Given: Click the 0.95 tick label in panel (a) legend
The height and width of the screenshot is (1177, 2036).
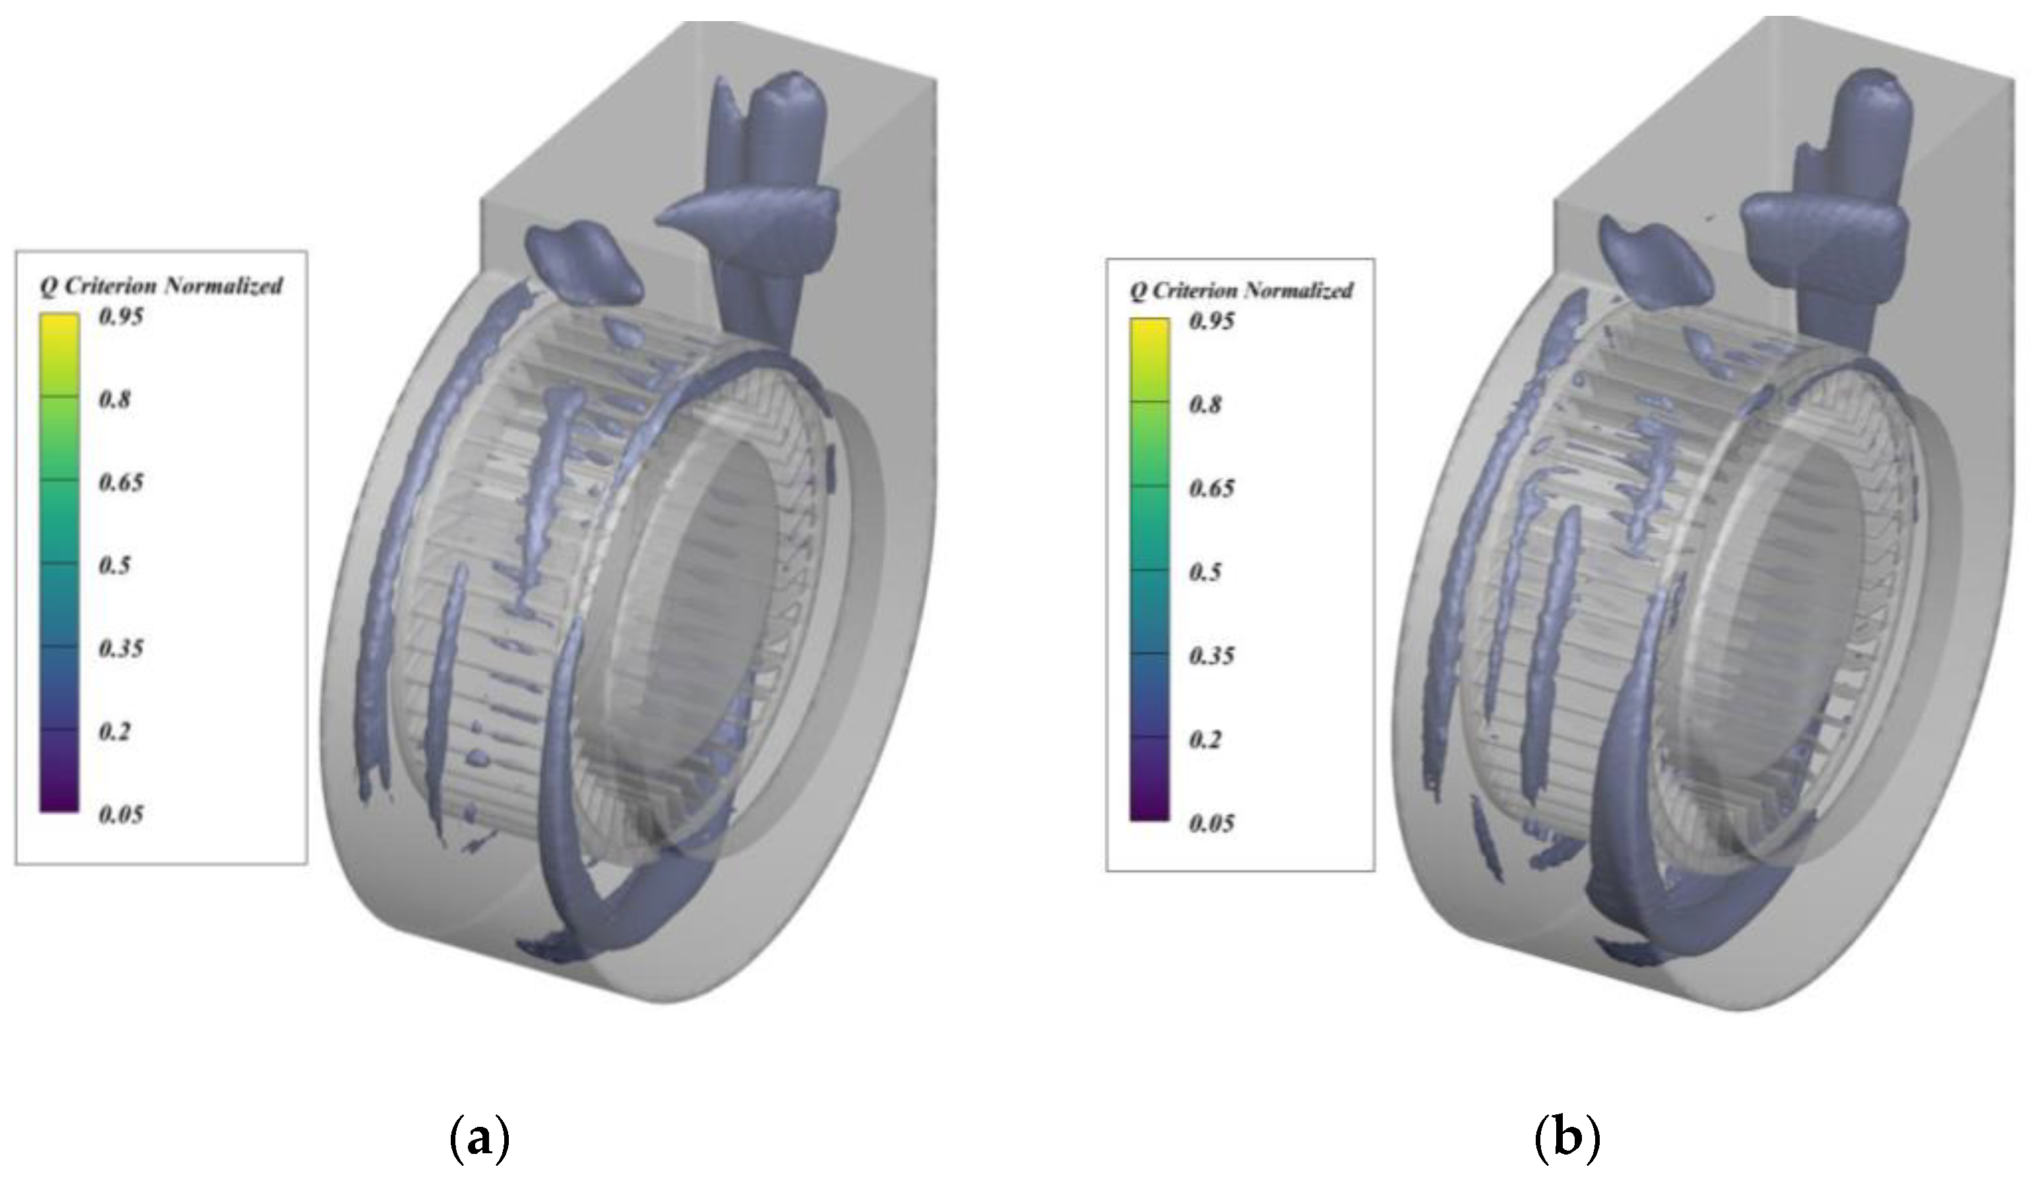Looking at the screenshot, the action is coord(120,316).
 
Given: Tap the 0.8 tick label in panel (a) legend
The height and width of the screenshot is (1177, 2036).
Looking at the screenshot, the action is coord(114,399).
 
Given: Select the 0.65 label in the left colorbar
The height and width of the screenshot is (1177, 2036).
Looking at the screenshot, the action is coord(120,482).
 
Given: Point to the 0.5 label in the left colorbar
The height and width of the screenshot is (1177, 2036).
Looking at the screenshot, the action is coord(114,565).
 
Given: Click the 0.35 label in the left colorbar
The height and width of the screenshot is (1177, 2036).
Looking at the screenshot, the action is coord(120,649).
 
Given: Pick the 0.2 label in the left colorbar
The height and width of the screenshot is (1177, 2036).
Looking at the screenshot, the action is coord(114,732).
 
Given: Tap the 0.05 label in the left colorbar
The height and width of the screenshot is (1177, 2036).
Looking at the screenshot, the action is coord(120,814).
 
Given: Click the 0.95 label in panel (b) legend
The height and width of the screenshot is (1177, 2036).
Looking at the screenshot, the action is coord(1211,321).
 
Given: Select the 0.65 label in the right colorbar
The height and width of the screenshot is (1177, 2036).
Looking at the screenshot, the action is coord(1211,489).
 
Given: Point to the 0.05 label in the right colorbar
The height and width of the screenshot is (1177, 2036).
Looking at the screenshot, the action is coord(1211,824).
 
